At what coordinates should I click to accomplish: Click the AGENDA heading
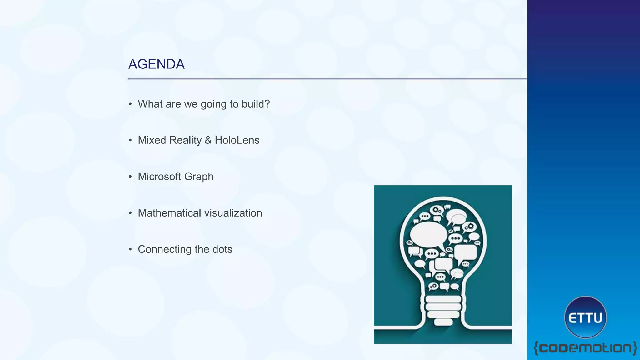click(x=156, y=64)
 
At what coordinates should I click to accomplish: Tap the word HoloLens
click(x=237, y=140)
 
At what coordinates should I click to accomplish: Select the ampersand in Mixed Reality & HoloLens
click(x=208, y=140)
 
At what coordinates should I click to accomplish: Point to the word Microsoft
click(x=159, y=177)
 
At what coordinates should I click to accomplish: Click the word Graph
click(x=199, y=177)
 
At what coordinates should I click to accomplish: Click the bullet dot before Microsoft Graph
click(x=130, y=177)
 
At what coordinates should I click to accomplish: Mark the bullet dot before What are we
click(x=130, y=104)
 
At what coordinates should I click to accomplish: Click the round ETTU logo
click(x=585, y=317)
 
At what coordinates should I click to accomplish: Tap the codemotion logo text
click(x=585, y=348)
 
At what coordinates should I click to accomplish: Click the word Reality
click(x=185, y=140)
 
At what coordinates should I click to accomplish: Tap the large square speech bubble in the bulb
click(x=466, y=252)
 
